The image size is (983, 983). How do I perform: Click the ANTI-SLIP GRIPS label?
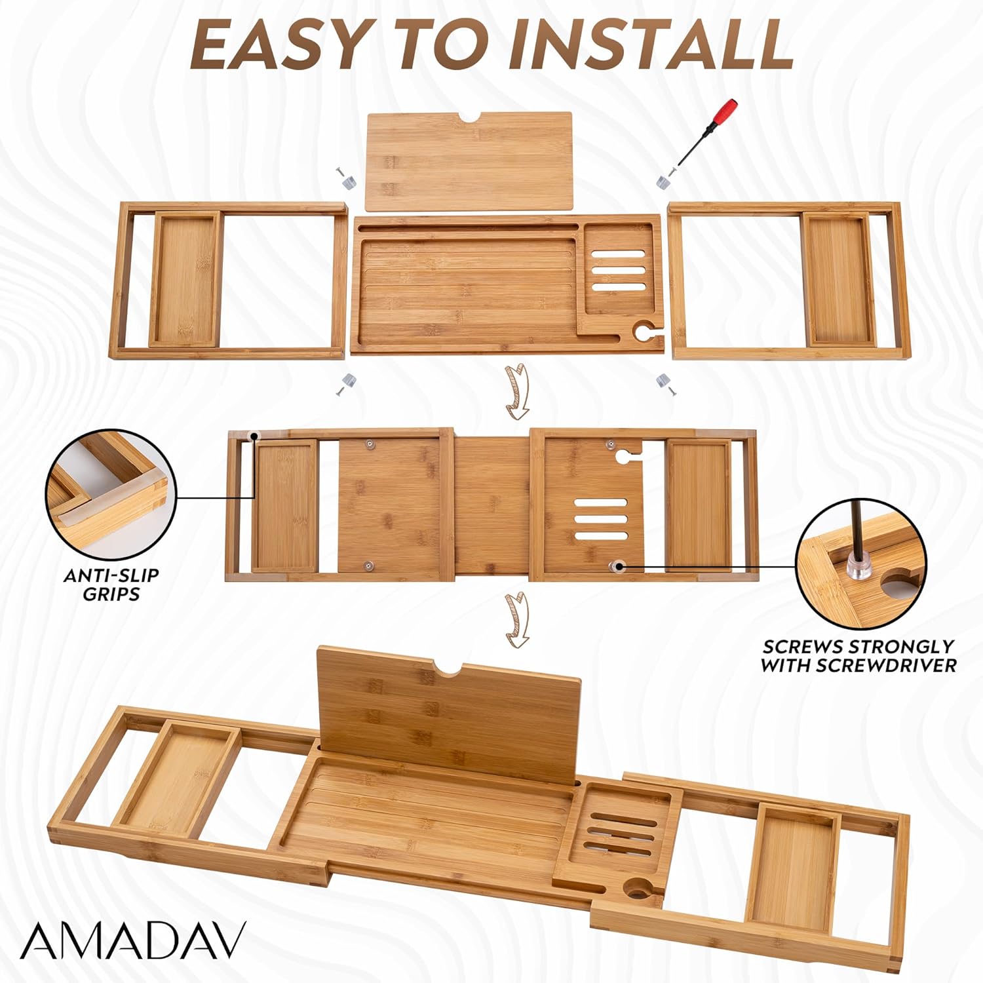pos(111,585)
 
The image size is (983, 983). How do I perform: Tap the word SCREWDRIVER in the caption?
pos(891,666)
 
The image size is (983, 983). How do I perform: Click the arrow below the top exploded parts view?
pos(518,392)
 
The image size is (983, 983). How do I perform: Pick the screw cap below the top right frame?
pos(666,383)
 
